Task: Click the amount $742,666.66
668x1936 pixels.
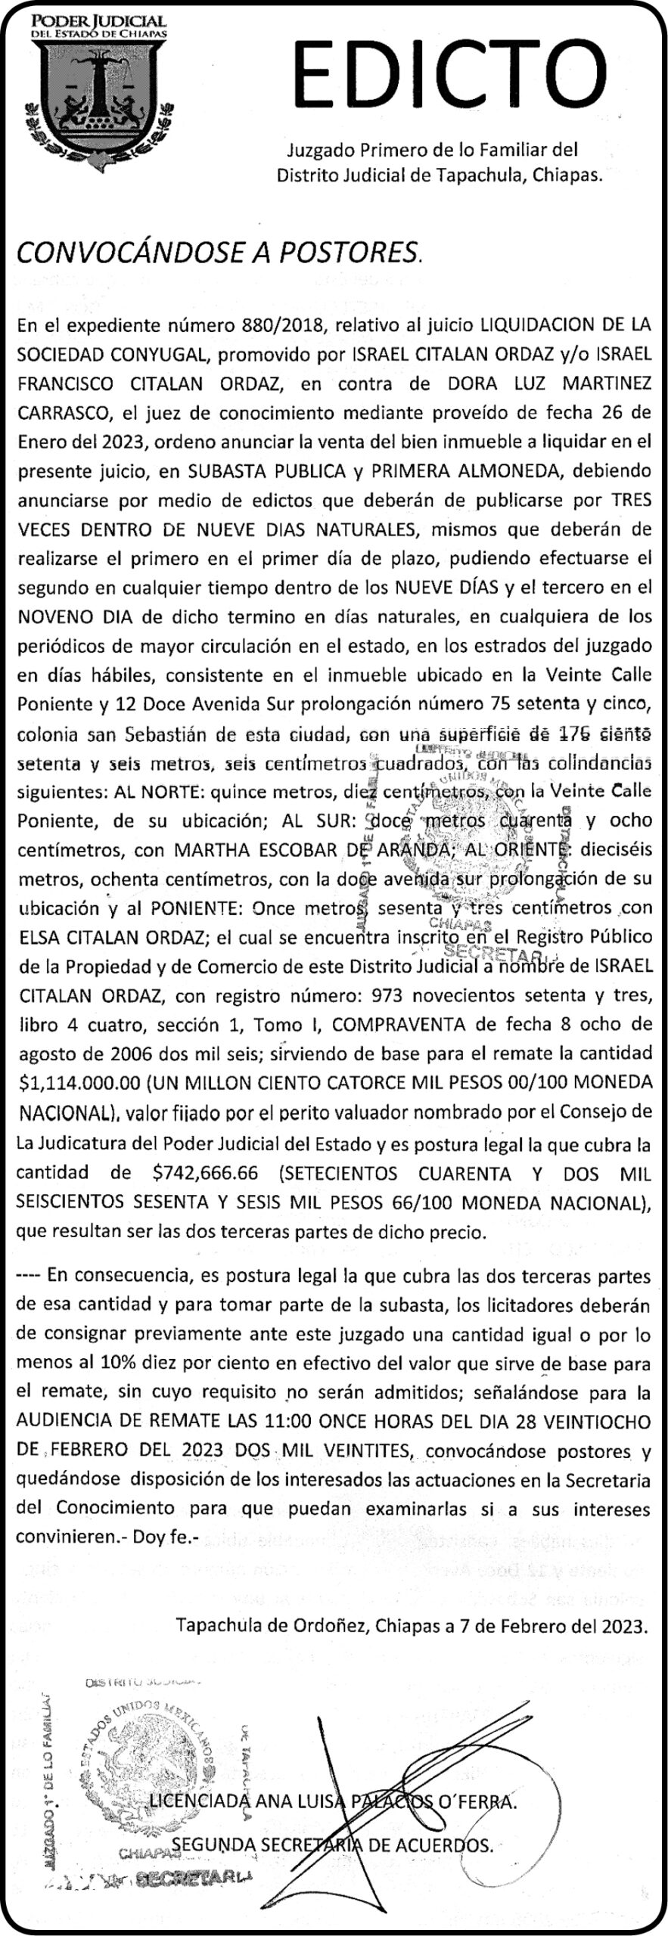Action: click(205, 1173)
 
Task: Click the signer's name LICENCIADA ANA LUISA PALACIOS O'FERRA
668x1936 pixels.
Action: click(333, 1801)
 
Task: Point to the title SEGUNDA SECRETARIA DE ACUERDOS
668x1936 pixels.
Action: click(333, 1844)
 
